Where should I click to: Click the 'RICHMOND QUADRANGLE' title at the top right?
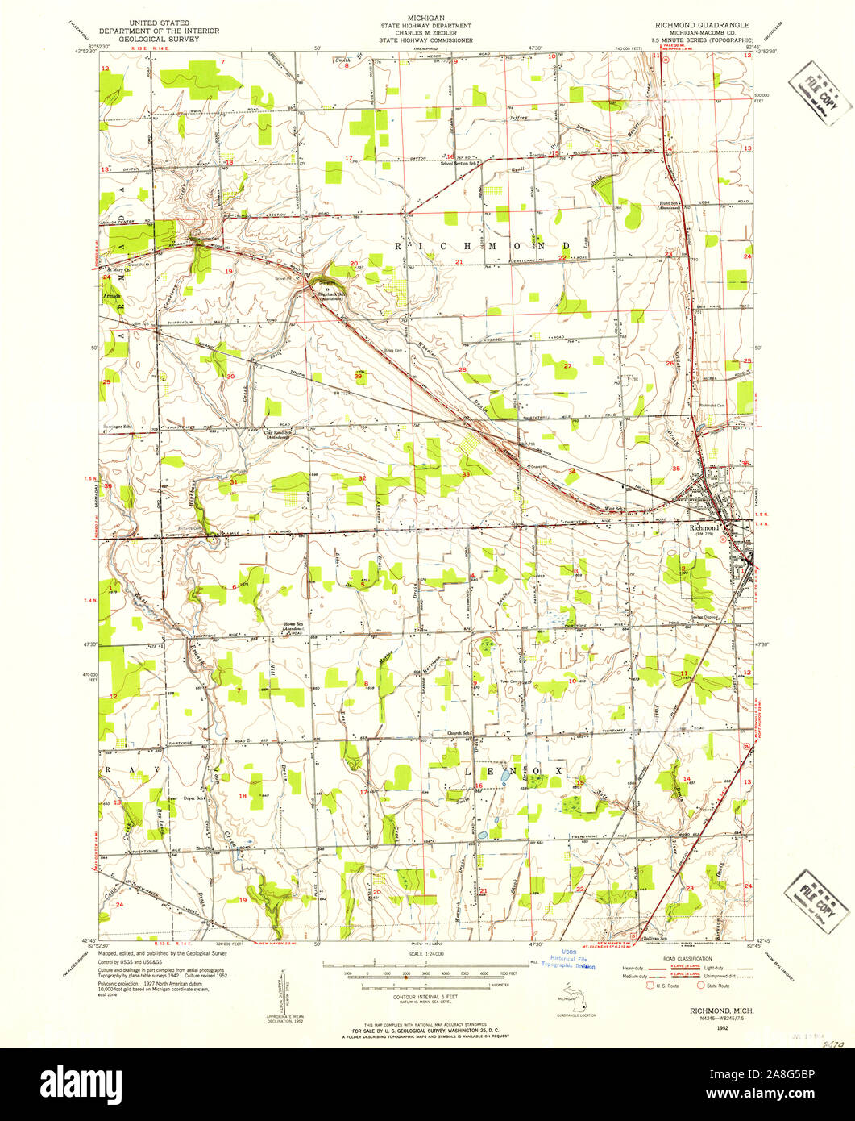(706, 24)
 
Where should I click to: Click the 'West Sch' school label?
(614, 509)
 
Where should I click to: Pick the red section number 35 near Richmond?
(676, 469)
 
